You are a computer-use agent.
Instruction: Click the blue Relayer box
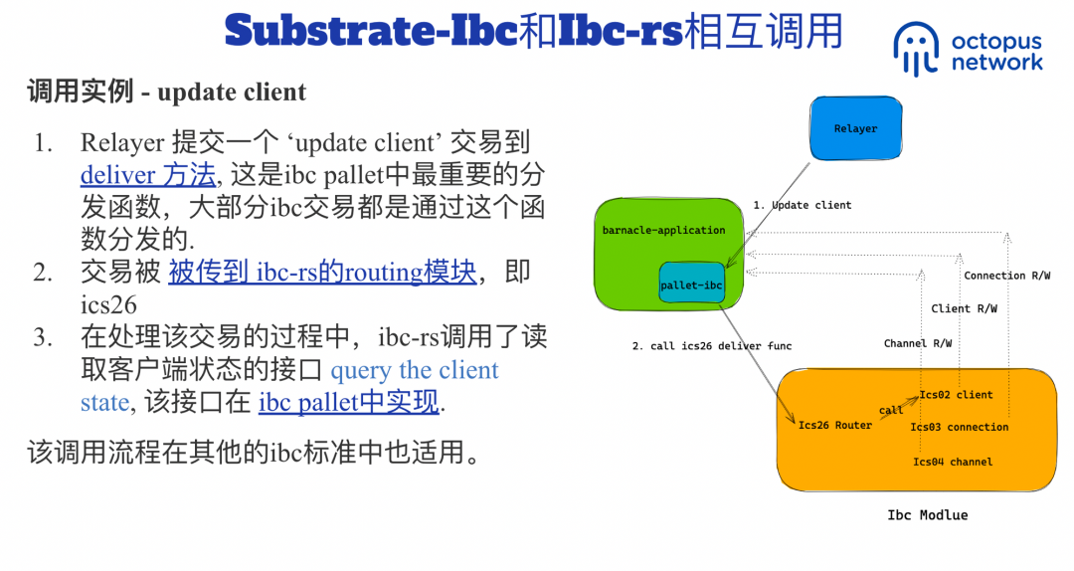[855, 128]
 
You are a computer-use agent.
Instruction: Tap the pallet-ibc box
[691, 285]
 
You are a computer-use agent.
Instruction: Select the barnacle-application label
[663, 230]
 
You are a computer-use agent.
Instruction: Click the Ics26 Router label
[835, 426]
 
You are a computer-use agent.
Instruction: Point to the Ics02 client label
[956, 395]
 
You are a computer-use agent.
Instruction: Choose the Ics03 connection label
[959, 428]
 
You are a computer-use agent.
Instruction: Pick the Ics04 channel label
[953, 462]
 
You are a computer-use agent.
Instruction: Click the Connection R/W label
[1006, 276]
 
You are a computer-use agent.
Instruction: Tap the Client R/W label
[964, 309]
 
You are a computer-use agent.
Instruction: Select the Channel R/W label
[917, 344]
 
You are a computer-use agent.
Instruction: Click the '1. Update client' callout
[802, 205]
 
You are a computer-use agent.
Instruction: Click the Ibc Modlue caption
[927, 515]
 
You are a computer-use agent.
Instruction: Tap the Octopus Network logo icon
[915, 48]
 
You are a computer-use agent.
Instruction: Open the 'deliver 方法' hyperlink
[148, 176]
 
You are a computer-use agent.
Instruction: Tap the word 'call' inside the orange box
[891, 410]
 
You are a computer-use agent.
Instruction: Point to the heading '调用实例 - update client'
[166, 93]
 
